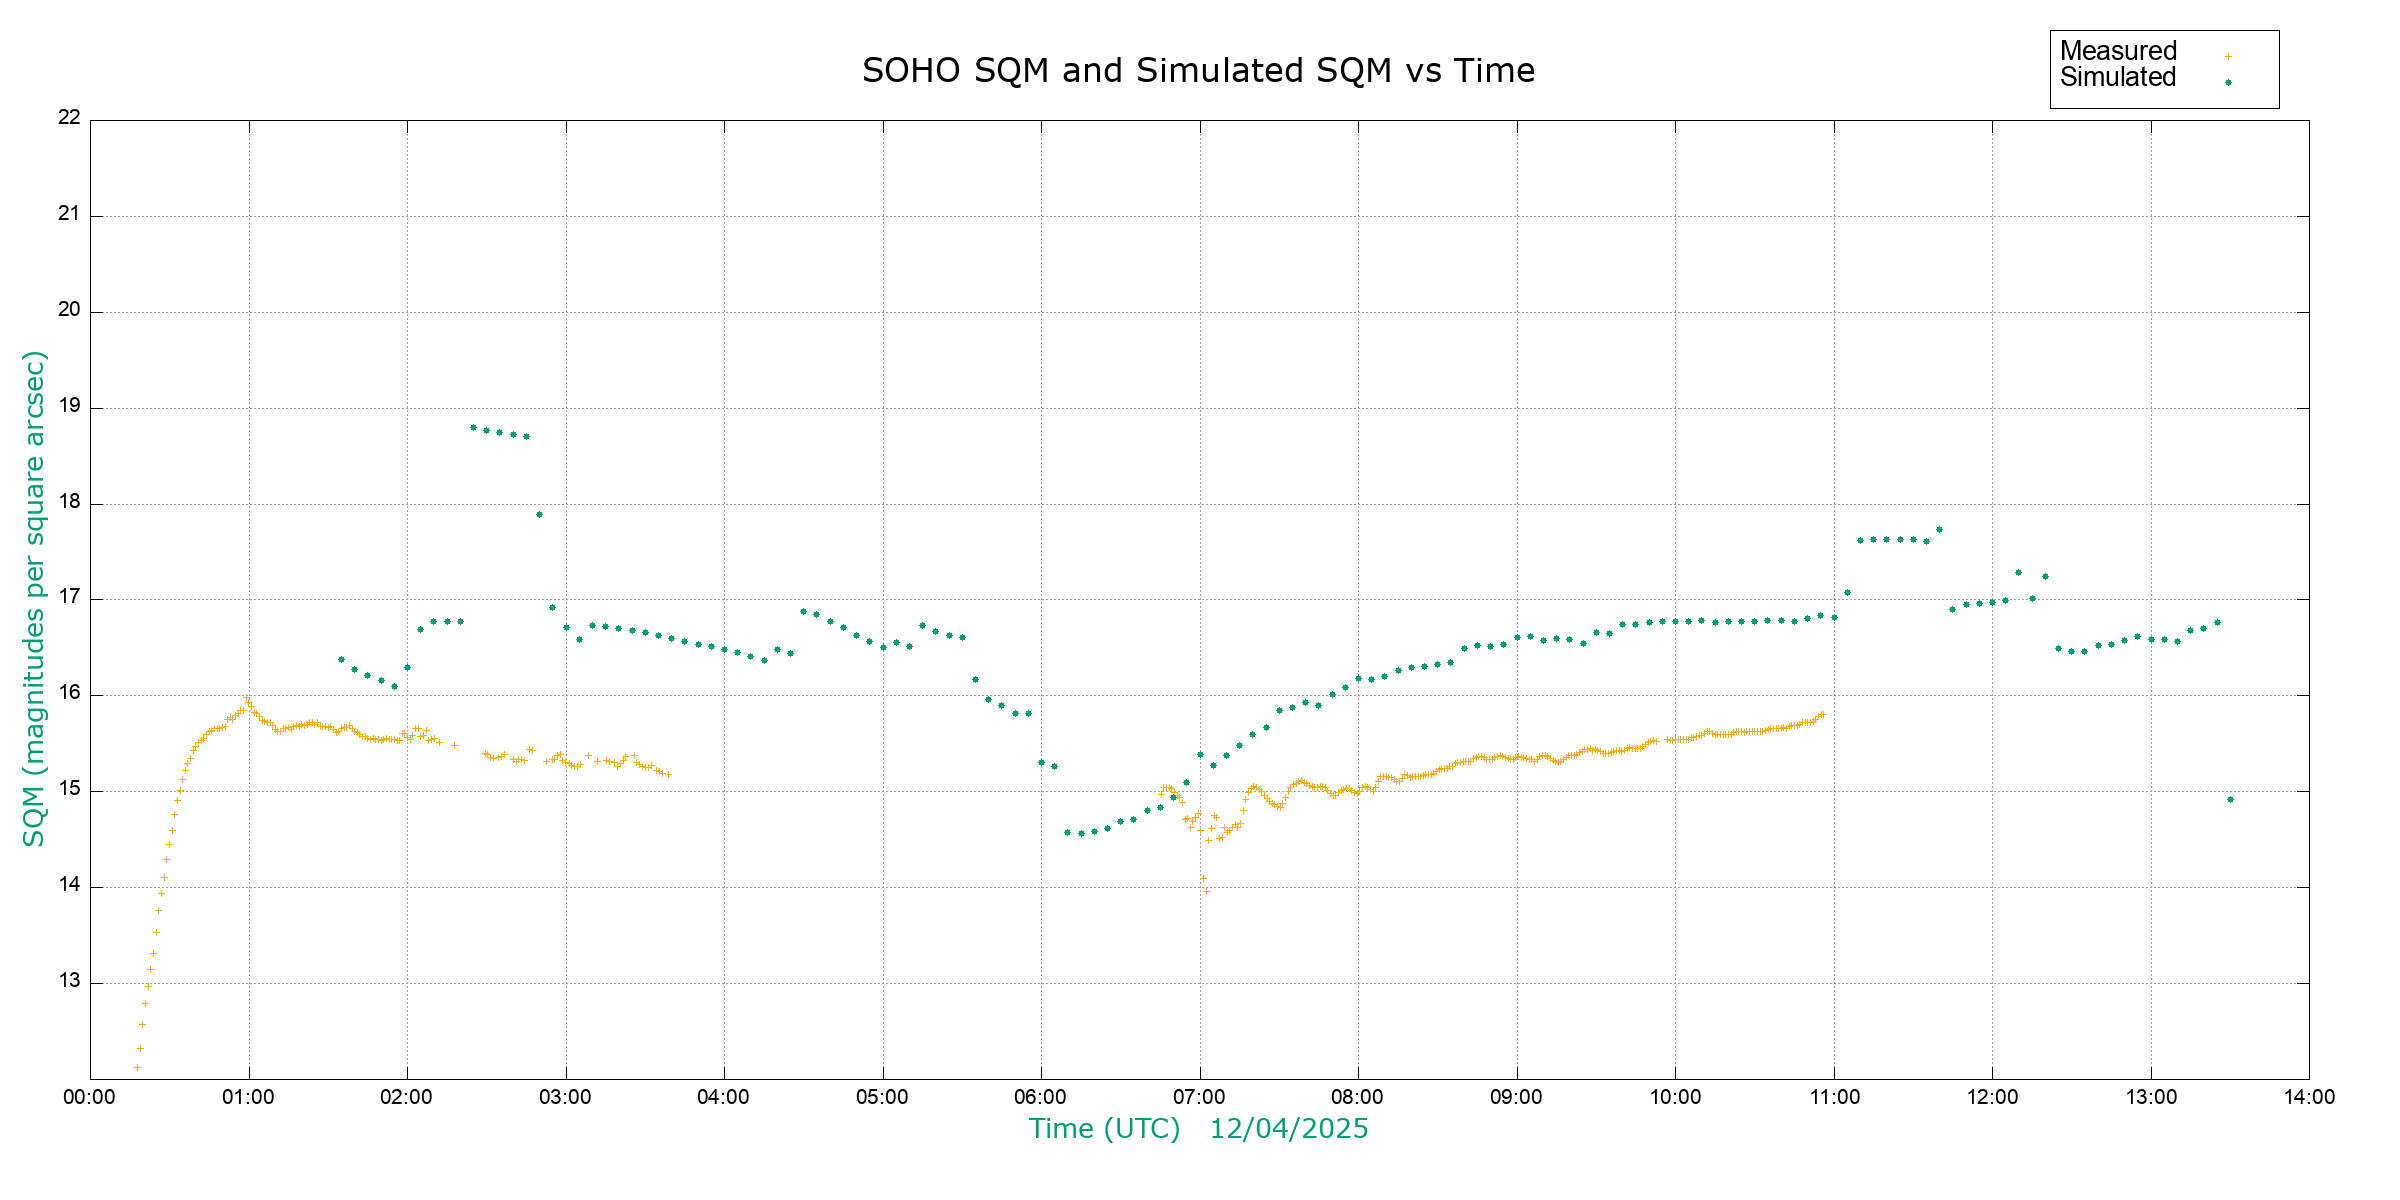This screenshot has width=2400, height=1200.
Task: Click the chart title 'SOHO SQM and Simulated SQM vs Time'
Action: click(1198, 71)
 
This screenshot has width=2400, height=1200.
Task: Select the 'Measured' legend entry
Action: click(2118, 51)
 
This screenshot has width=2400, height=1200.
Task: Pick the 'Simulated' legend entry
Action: click(2118, 78)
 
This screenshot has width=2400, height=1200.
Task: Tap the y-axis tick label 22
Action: click(69, 117)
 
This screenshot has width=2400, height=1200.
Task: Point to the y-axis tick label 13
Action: click(69, 981)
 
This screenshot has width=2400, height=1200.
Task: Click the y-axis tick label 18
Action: click(69, 502)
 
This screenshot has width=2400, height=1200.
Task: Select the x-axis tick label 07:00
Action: click(1199, 1097)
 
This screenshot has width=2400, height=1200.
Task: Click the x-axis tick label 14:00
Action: click(2309, 1097)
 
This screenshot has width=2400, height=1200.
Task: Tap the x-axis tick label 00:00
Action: click(90, 1097)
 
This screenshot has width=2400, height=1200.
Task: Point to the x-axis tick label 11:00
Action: click(1834, 1097)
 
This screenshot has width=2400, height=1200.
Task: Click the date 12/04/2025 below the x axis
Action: click(1289, 1129)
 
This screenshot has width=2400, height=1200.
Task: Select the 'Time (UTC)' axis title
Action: click(1104, 1129)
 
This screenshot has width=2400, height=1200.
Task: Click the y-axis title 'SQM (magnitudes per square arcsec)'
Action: click(35, 598)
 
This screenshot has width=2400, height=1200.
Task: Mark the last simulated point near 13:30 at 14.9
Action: click(2230, 800)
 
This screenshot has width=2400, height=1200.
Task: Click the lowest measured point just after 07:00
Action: click(1206, 892)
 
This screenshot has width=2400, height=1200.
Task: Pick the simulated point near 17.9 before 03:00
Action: click(539, 515)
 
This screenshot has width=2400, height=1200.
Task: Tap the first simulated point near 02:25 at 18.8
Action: click(473, 428)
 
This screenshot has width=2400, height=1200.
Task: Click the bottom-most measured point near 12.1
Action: click(137, 1068)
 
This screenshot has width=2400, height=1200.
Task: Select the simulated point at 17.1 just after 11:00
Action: click(1847, 593)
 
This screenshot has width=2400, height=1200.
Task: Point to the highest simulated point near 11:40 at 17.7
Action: click(1939, 530)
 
